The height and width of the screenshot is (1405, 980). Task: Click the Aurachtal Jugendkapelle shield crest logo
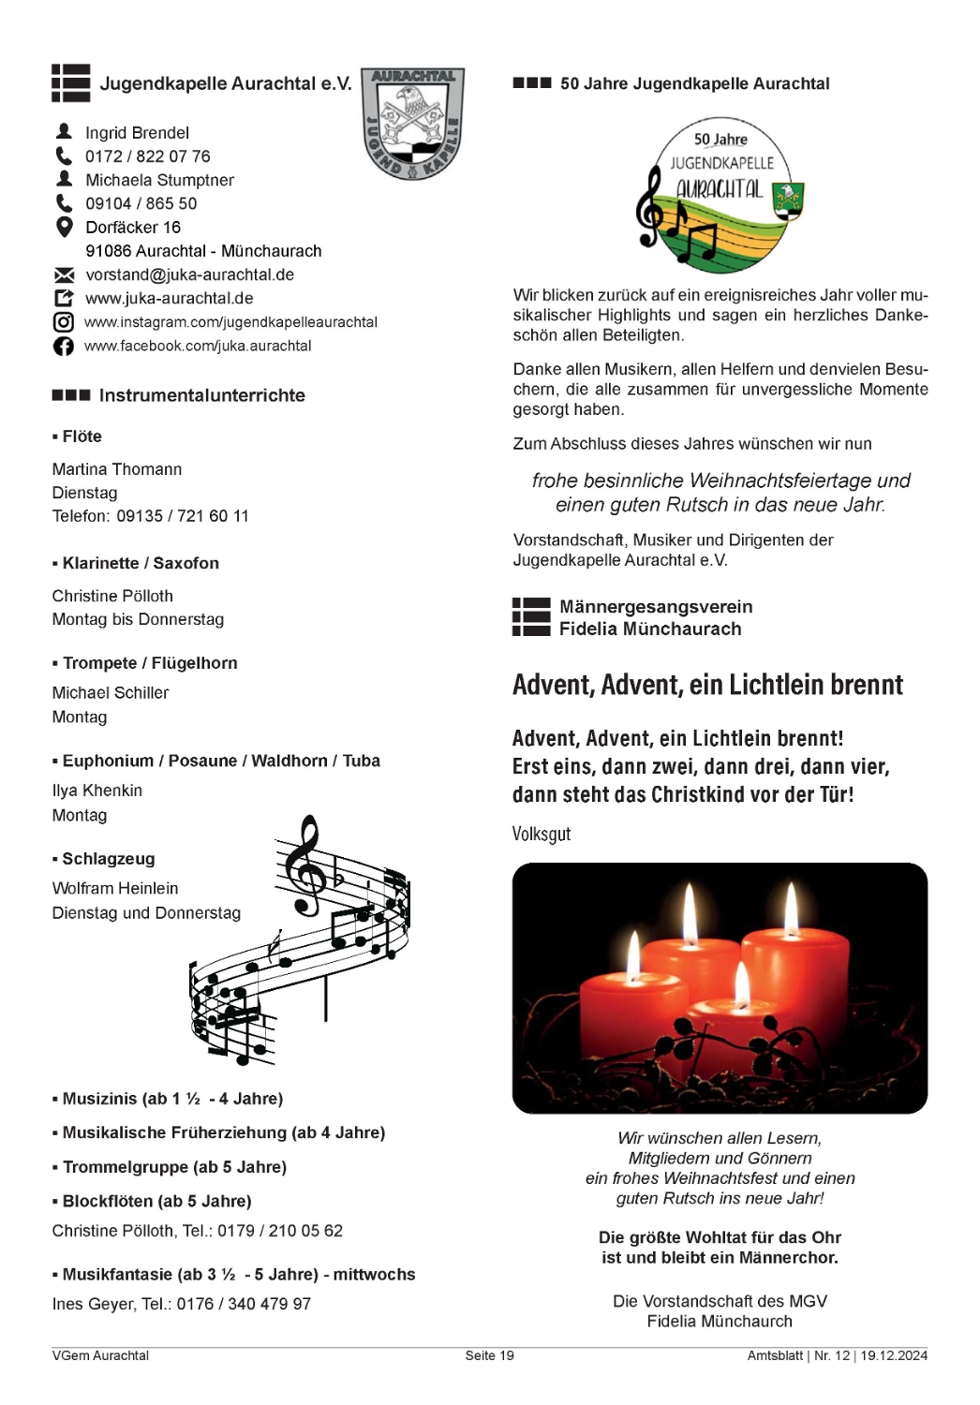pos(413,123)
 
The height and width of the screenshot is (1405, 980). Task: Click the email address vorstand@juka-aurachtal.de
pos(189,274)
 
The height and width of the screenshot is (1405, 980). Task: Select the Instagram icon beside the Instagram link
pos(63,322)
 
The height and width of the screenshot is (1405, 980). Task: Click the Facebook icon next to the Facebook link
pos(63,347)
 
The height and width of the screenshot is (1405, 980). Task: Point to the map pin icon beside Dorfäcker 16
pos(64,227)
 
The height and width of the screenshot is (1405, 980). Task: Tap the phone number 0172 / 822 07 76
pos(148,156)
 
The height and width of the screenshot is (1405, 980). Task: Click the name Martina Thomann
pos(117,469)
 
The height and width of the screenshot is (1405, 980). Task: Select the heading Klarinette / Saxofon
pos(141,563)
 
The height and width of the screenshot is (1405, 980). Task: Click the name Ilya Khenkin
pos(97,791)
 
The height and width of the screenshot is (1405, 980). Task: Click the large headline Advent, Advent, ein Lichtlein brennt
pos(707,685)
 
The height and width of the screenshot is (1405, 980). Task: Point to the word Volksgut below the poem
pos(542,834)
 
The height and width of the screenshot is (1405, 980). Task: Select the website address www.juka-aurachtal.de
pos(169,299)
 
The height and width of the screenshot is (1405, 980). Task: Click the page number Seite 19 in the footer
pos(489,1355)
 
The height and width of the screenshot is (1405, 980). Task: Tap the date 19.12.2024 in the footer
pos(894,1355)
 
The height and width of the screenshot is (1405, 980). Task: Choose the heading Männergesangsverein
pos(656,607)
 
